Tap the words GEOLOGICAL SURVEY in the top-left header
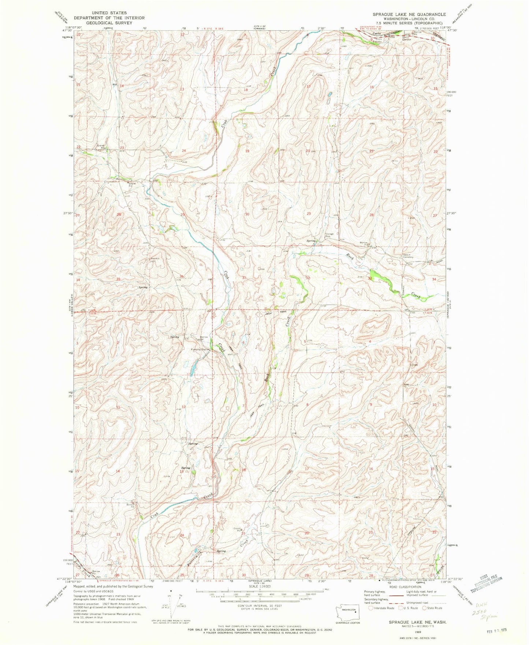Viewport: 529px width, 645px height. point(109,23)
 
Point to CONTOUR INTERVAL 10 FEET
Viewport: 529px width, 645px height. point(259,605)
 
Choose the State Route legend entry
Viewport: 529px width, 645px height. point(433,608)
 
